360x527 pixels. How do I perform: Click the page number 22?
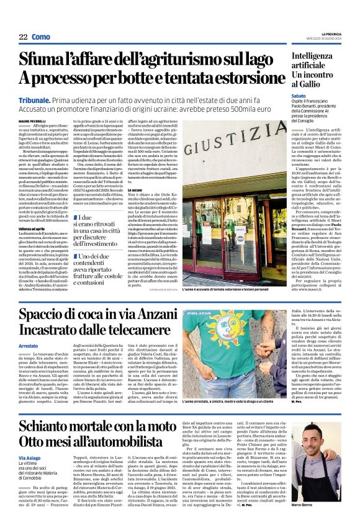pyautogui.click(x=23, y=37)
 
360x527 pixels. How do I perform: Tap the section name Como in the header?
pyautogui.click(x=41, y=37)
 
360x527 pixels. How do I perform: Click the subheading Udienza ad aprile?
pyautogui.click(x=35, y=246)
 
